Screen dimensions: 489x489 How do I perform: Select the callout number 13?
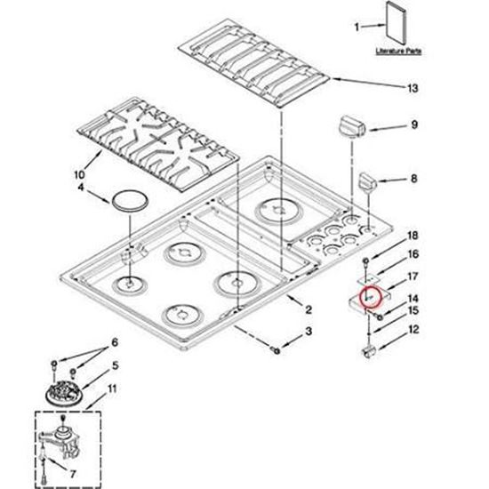tap(411, 88)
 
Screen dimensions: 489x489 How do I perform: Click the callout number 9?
tap(413, 126)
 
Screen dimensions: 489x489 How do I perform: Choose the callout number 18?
tap(411, 236)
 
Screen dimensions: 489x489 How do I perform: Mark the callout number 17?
tap(411, 277)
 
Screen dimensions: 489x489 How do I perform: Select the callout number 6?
tap(114, 343)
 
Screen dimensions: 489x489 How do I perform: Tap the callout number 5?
tap(114, 366)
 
